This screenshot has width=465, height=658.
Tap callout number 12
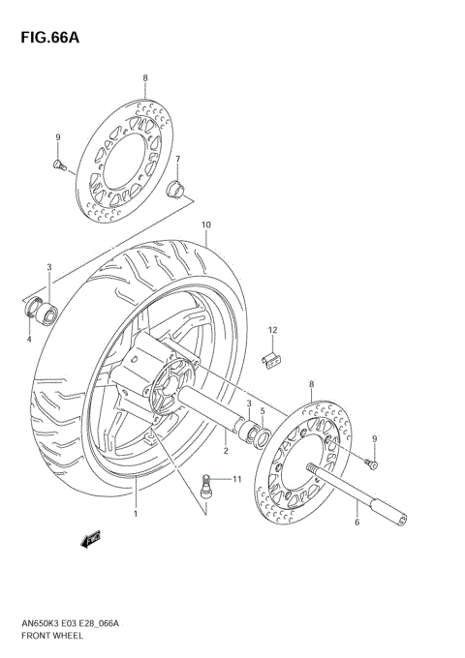273,330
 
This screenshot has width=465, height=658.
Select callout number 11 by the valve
237,479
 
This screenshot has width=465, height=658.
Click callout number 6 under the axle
356,523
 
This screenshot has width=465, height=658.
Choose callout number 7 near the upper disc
177,159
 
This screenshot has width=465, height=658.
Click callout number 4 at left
29,339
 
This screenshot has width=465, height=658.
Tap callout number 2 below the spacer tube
225,451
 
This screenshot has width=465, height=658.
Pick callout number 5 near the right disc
262,410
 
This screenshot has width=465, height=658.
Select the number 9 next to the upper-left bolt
58,137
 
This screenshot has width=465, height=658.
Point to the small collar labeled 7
175,187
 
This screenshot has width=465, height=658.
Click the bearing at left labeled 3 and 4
44,312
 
